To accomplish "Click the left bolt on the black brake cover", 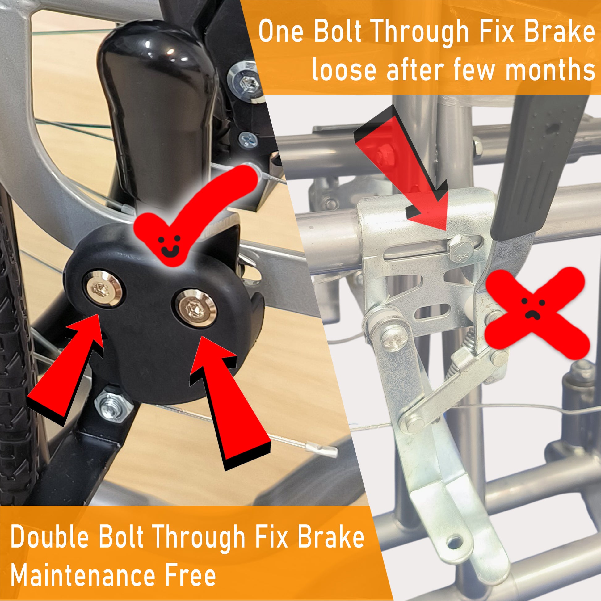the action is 103,288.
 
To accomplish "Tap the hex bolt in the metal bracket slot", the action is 459,248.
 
